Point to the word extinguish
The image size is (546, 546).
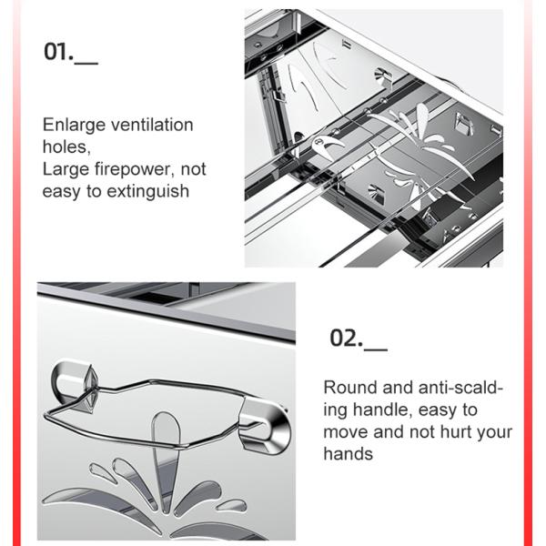point(148,192)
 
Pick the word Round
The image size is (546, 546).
point(350,388)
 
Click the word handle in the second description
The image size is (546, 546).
point(380,409)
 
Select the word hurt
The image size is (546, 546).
point(456,432)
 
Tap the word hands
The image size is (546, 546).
point(349,454)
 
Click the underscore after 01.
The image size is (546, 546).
point(86,63)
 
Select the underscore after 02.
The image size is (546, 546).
point(376,349)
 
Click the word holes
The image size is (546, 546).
point(66,147)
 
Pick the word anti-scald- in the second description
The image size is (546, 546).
point(460,388)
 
